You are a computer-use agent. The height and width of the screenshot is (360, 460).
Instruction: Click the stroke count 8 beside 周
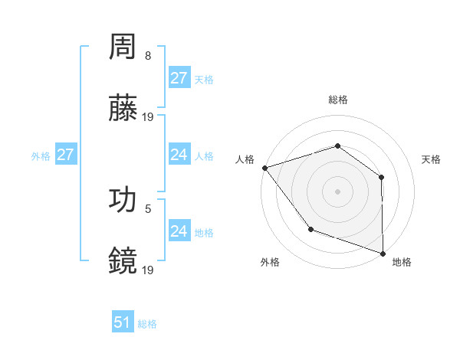148,56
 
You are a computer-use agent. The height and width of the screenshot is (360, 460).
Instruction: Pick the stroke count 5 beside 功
148,208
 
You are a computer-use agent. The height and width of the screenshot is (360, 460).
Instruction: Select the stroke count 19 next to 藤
148,117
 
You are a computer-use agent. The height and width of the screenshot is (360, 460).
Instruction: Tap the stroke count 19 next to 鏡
148,269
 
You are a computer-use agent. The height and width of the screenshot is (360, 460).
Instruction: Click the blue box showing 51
123,322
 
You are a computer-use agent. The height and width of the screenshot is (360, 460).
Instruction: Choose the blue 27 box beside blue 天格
179,78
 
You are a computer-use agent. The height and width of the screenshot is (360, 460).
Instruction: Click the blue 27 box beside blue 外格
65,155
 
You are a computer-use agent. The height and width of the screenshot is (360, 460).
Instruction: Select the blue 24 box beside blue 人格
179,155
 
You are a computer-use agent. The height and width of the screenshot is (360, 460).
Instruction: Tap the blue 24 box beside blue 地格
179,231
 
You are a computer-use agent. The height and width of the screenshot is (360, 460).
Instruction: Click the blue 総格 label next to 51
147,324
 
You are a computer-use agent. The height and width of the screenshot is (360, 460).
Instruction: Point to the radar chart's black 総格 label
337,100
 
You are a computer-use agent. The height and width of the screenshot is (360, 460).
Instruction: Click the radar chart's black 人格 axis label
245,159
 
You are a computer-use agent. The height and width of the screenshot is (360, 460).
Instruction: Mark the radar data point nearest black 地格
383,253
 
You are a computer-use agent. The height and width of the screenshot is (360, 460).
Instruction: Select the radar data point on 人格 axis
264,168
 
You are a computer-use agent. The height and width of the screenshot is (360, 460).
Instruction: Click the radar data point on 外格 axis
310,229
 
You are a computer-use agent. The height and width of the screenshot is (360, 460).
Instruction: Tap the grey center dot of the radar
337,191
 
